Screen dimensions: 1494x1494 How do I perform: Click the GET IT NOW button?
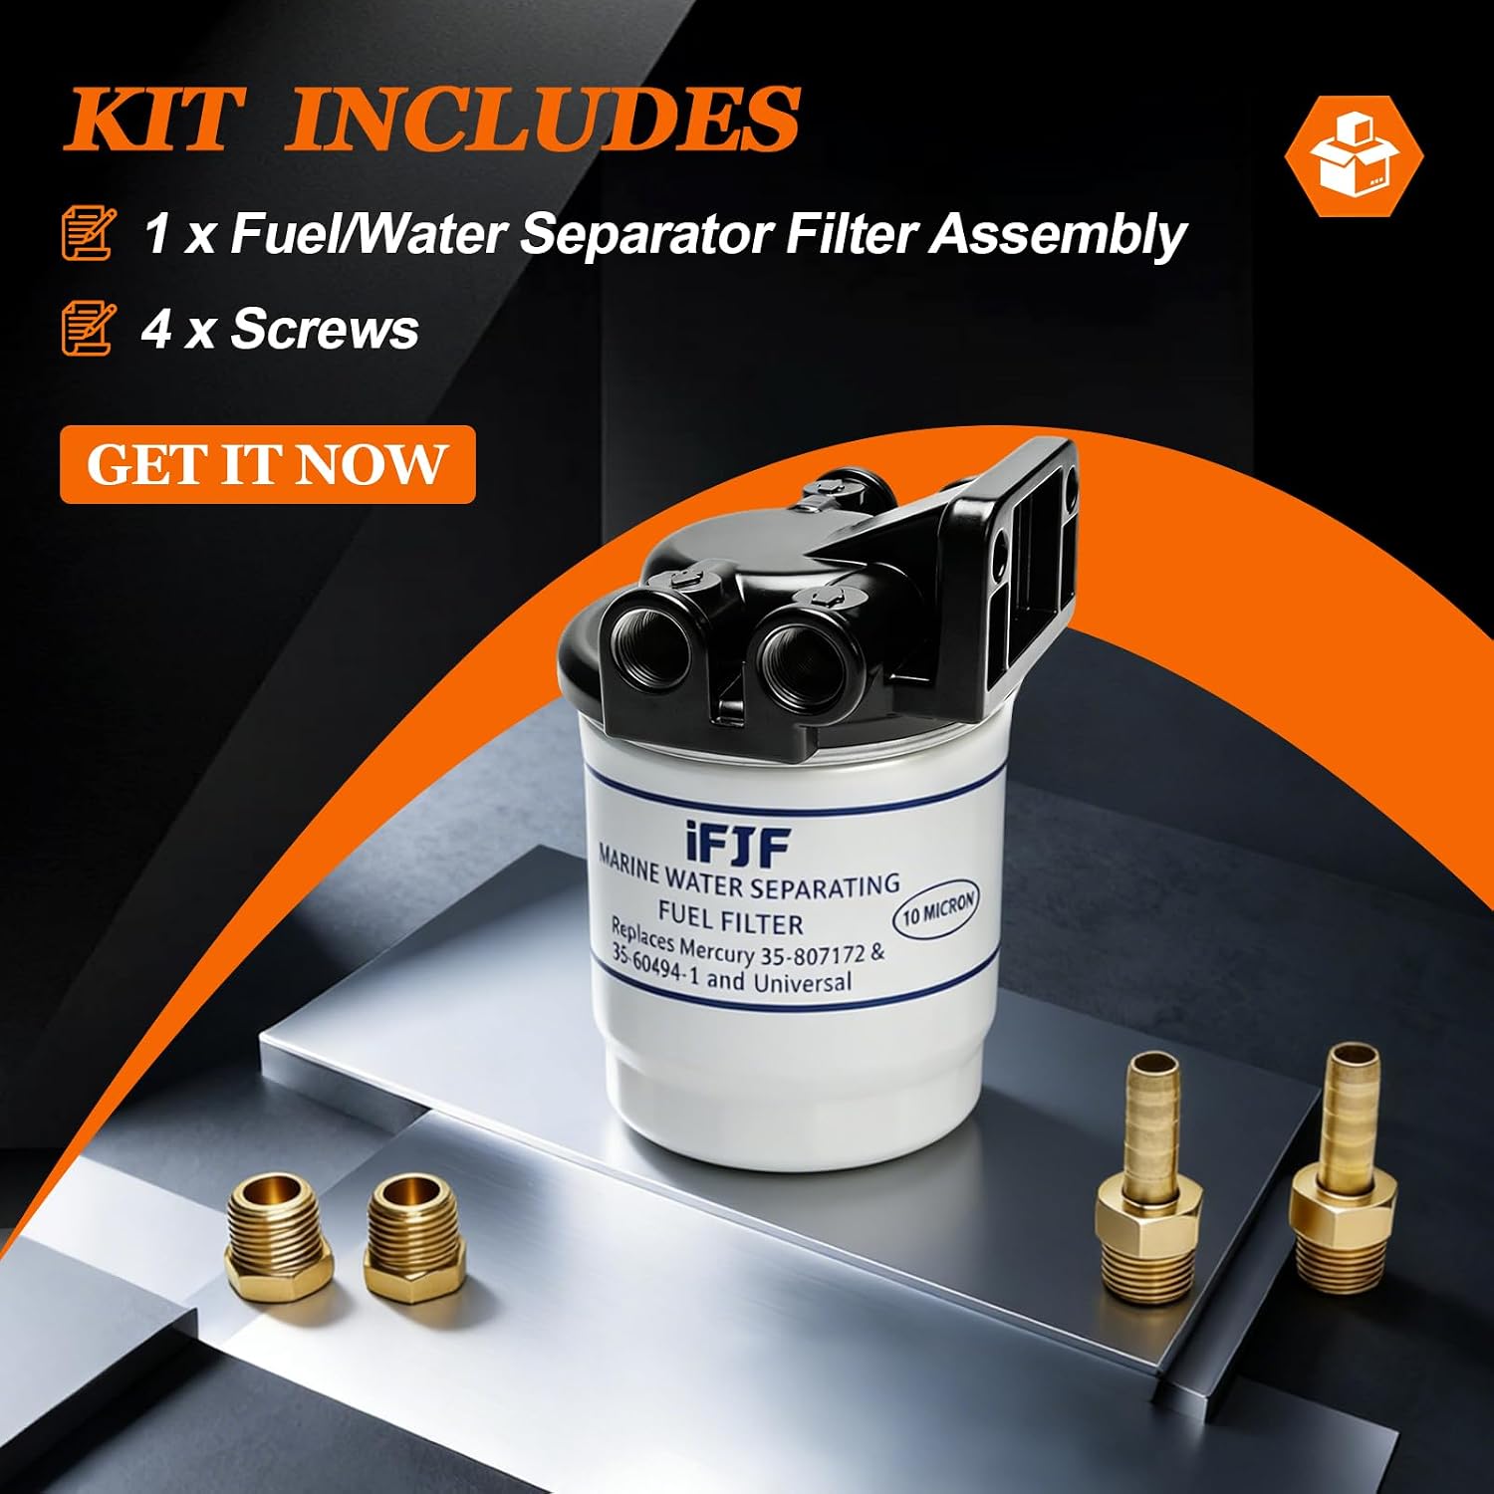point(267,464)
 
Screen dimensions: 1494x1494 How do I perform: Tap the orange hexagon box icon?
point(1354,156)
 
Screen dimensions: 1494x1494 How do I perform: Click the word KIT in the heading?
point(154,120)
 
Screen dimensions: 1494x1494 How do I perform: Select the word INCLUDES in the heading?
point(544,120)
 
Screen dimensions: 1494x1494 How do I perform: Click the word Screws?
point(325,329)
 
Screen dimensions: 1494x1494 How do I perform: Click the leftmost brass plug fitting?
point(275,1234)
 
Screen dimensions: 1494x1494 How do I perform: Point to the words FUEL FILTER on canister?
point(730,915)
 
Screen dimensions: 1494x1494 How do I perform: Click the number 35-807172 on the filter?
point(812,955)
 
